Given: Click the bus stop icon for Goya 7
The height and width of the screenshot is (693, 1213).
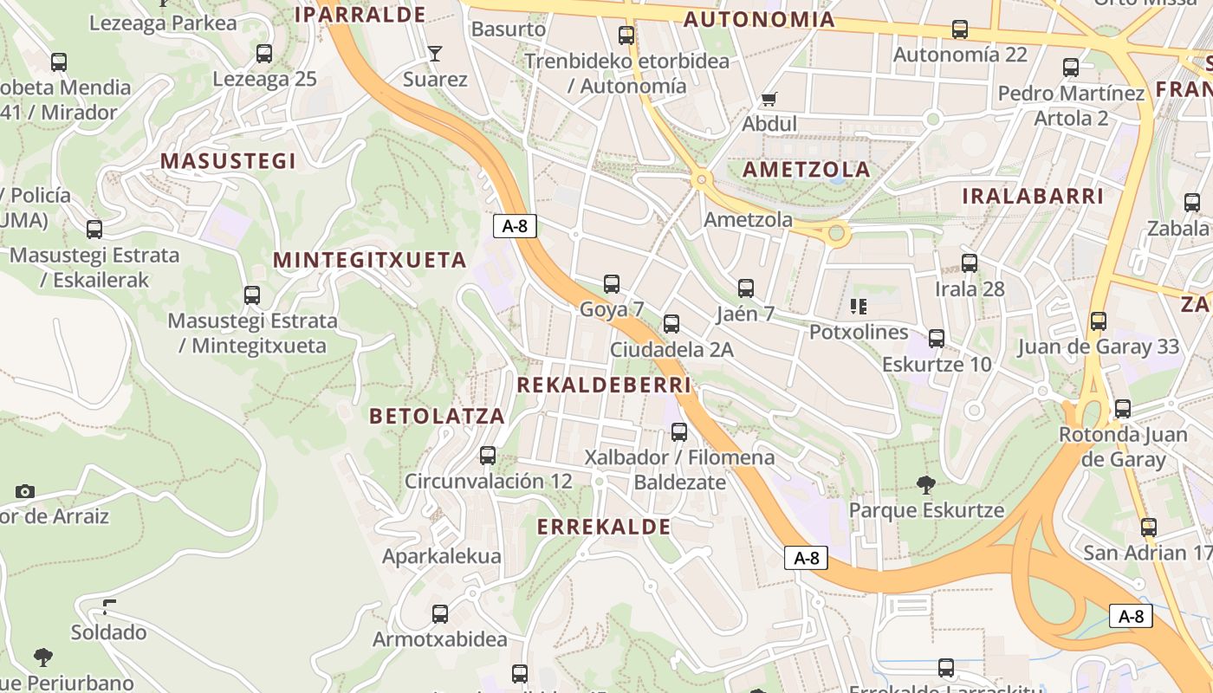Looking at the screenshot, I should pyautogui.click(x=612, y=283).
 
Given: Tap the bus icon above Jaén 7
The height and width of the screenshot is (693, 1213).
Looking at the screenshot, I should pyautogui.click(x=746, y=288).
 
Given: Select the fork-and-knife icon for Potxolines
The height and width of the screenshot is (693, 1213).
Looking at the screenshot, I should pyautogui.click(x=859, y=306).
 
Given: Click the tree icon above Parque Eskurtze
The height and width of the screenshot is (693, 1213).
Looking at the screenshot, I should pyautogui.click(x=926, y=484).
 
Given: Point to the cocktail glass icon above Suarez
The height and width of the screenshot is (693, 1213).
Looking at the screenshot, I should pyautogui.click(x=435, y=54).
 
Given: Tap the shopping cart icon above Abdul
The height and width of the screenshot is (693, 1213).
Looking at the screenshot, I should pyautogui.click(x=769, y=99).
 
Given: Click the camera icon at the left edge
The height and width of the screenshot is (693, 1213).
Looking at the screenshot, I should pyautogui.click(x=24, y=491).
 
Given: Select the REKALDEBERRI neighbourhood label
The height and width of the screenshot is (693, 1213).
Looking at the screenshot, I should pyautogui.click(x=604, y=385).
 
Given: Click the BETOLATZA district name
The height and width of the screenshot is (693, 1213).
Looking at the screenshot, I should pyautogui.click(x=437, y=416).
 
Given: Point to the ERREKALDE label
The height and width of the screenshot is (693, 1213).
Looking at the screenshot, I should pyautogui.click(x=604, y=527).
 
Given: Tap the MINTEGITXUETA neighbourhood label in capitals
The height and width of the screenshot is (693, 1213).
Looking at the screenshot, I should pyautogui.click(x=370, y=260).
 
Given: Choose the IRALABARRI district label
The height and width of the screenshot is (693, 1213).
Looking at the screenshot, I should pyautogui.click(x=1033, y=196).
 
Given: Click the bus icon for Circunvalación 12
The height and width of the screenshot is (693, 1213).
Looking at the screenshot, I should pyautogui.click(x=488, y=455).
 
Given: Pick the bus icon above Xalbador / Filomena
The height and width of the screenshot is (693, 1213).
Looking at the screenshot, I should pyautogui.click(x=679, y=431).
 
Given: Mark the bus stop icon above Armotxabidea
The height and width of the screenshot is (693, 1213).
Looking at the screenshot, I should pyautogui.click(x=440, y=614).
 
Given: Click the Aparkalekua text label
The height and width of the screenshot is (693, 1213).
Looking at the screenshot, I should pyautogui.click(x=442, y=556).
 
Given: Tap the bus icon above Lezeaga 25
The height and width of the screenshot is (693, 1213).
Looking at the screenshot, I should pyautogui.click(x=264, y=54).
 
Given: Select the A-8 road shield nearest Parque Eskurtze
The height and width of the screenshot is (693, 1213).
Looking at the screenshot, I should pyautogui.click(x=806, y=558).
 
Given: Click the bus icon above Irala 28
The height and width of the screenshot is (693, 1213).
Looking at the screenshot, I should pyautogui.click(x=970, y=263).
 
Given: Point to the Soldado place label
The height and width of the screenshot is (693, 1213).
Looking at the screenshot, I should pyautogui.click(x=108, y=632).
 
